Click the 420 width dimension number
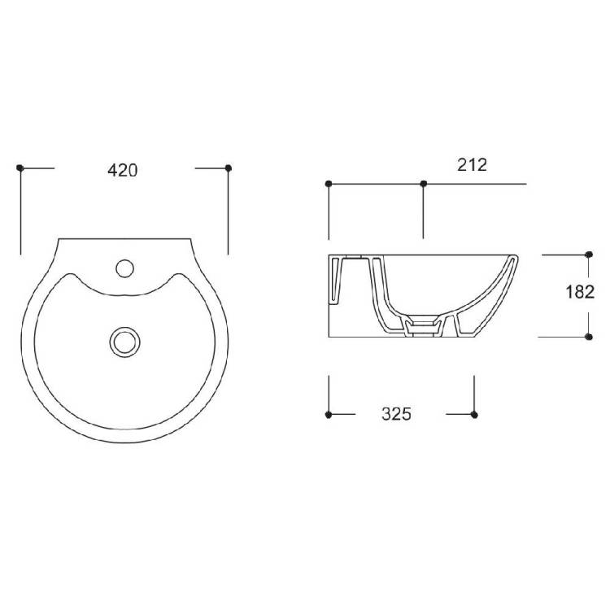123,171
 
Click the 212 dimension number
472,165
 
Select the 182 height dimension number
580,292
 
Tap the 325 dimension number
396,414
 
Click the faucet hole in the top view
125,268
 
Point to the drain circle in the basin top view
125,342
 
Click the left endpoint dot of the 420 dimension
20,168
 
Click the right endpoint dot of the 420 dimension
229,168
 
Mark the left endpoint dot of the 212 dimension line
329,184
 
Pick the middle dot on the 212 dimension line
424,184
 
